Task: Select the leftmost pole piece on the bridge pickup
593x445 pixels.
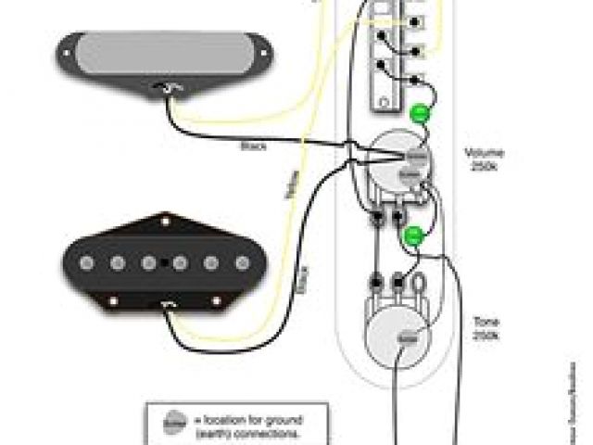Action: coord(86,262)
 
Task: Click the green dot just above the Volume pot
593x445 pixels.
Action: coord(420,114)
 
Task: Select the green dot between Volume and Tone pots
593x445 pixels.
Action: coord(413,235)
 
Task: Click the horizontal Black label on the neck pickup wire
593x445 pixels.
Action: coord(251,146)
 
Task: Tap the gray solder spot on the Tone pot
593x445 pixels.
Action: coord(405,339)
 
